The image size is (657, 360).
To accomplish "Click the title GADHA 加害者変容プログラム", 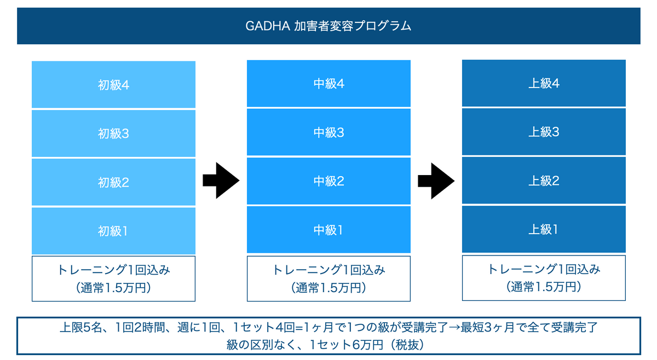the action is [x=328, y=26].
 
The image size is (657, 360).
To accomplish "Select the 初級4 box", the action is [x=113, y=84].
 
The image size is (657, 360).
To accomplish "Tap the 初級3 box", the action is [x=113, y=133].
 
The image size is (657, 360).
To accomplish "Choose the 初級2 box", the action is [x=113, y=182].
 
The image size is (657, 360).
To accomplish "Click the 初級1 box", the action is [x=113, y=231].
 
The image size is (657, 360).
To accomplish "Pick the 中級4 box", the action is [x=328, y=84].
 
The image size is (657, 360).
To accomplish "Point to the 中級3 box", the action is [x=328, y=132].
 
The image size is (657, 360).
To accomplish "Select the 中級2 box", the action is [x=328, y=181].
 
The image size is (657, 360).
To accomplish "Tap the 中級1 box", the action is [x=328, y=230].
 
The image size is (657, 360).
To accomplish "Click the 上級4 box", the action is [x=544, y=83].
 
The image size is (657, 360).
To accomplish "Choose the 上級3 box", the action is [x=544, y=132].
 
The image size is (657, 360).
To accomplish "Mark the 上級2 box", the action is [x=544, y=181].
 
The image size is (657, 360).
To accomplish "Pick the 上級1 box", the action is [x=544, y=229].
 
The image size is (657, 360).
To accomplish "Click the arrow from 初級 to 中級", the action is [x=221, y=181].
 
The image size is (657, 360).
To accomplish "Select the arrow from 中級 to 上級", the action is [x=436, y=181].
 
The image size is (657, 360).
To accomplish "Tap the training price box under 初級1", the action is [x=113, y=279].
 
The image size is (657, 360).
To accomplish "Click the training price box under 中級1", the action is [x=328, y=279].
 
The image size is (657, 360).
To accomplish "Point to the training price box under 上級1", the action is [x=544, y=278].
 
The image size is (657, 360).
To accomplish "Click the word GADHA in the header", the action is [x=268, y=26].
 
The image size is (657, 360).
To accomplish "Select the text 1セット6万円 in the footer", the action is [x=346, y=345].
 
